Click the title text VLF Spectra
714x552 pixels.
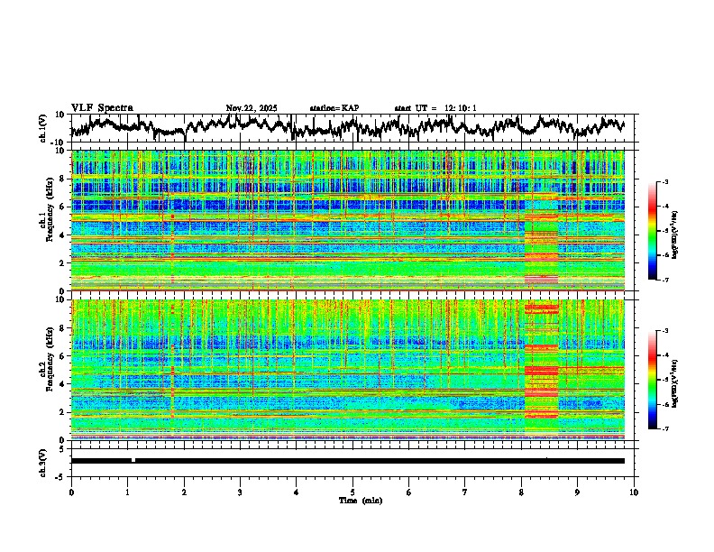pyautogui.click(x=102, y=107)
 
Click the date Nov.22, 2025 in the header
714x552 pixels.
pyautogui.click(x=252, y=108)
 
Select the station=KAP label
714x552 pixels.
pyautogui.click(x=334, y=108)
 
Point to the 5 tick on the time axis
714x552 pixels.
pyautogui.click(x=352, y=492)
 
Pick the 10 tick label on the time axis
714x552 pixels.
pyautogui.click(x=634, y=492)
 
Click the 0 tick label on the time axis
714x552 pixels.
pyautogui.click(x=71, y=492)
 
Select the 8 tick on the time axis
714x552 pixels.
pyautogui.click(x=521, y=492)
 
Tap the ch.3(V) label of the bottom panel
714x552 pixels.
pyautogui.click(x=43, y=460)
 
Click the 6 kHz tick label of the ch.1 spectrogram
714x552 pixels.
pyautogui.click(x=61, y=207)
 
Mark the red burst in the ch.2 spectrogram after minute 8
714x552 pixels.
pyautogui.click(x=541, y=370)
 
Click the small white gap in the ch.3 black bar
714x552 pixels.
pyautogui.click(x=133, y=460)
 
